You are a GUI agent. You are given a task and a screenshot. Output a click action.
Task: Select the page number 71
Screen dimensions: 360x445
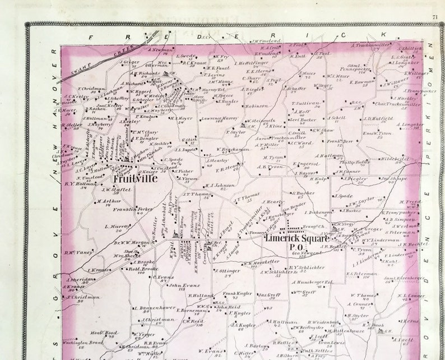coord(435,17)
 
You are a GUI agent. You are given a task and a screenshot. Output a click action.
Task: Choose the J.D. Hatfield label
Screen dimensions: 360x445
coord(377,118)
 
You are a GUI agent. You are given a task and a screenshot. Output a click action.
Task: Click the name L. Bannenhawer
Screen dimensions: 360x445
coord(155,308)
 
